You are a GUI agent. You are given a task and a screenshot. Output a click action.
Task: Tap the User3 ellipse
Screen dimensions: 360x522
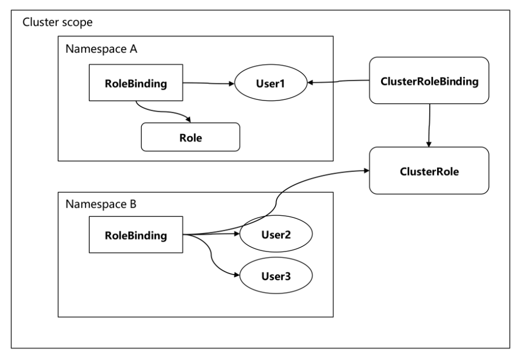275,275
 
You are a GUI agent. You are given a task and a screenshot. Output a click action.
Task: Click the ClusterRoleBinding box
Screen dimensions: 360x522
429,80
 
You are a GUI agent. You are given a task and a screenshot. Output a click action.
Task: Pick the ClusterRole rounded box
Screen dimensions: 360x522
429,171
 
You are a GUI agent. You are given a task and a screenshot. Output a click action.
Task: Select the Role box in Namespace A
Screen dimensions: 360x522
190,137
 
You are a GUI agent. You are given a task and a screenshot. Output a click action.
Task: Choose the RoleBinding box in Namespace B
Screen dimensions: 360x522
136,234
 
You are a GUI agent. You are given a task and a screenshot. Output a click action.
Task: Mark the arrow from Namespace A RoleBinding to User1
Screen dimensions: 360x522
208,83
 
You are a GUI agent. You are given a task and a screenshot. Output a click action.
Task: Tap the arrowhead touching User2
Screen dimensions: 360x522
236,234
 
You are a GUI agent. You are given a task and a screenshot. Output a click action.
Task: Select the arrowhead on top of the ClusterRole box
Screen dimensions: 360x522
429,144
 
